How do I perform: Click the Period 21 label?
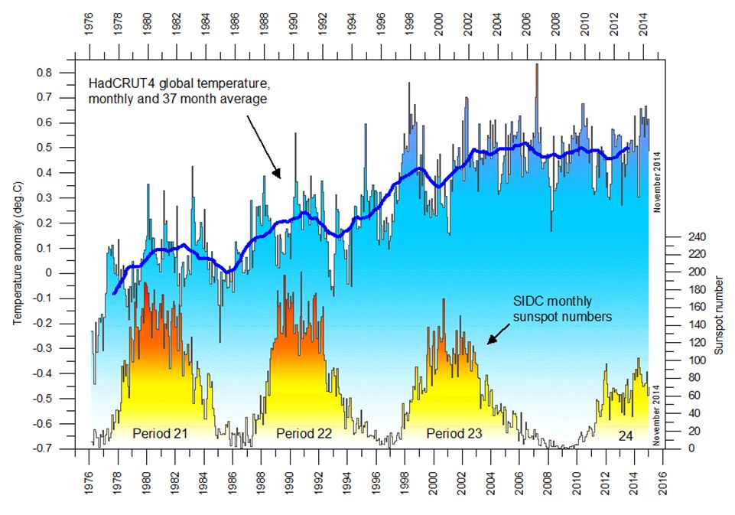pos(160,434)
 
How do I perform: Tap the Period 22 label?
pos(304,434)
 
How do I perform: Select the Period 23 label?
pos(454,434)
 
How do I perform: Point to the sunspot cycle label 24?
pos(626,435)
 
